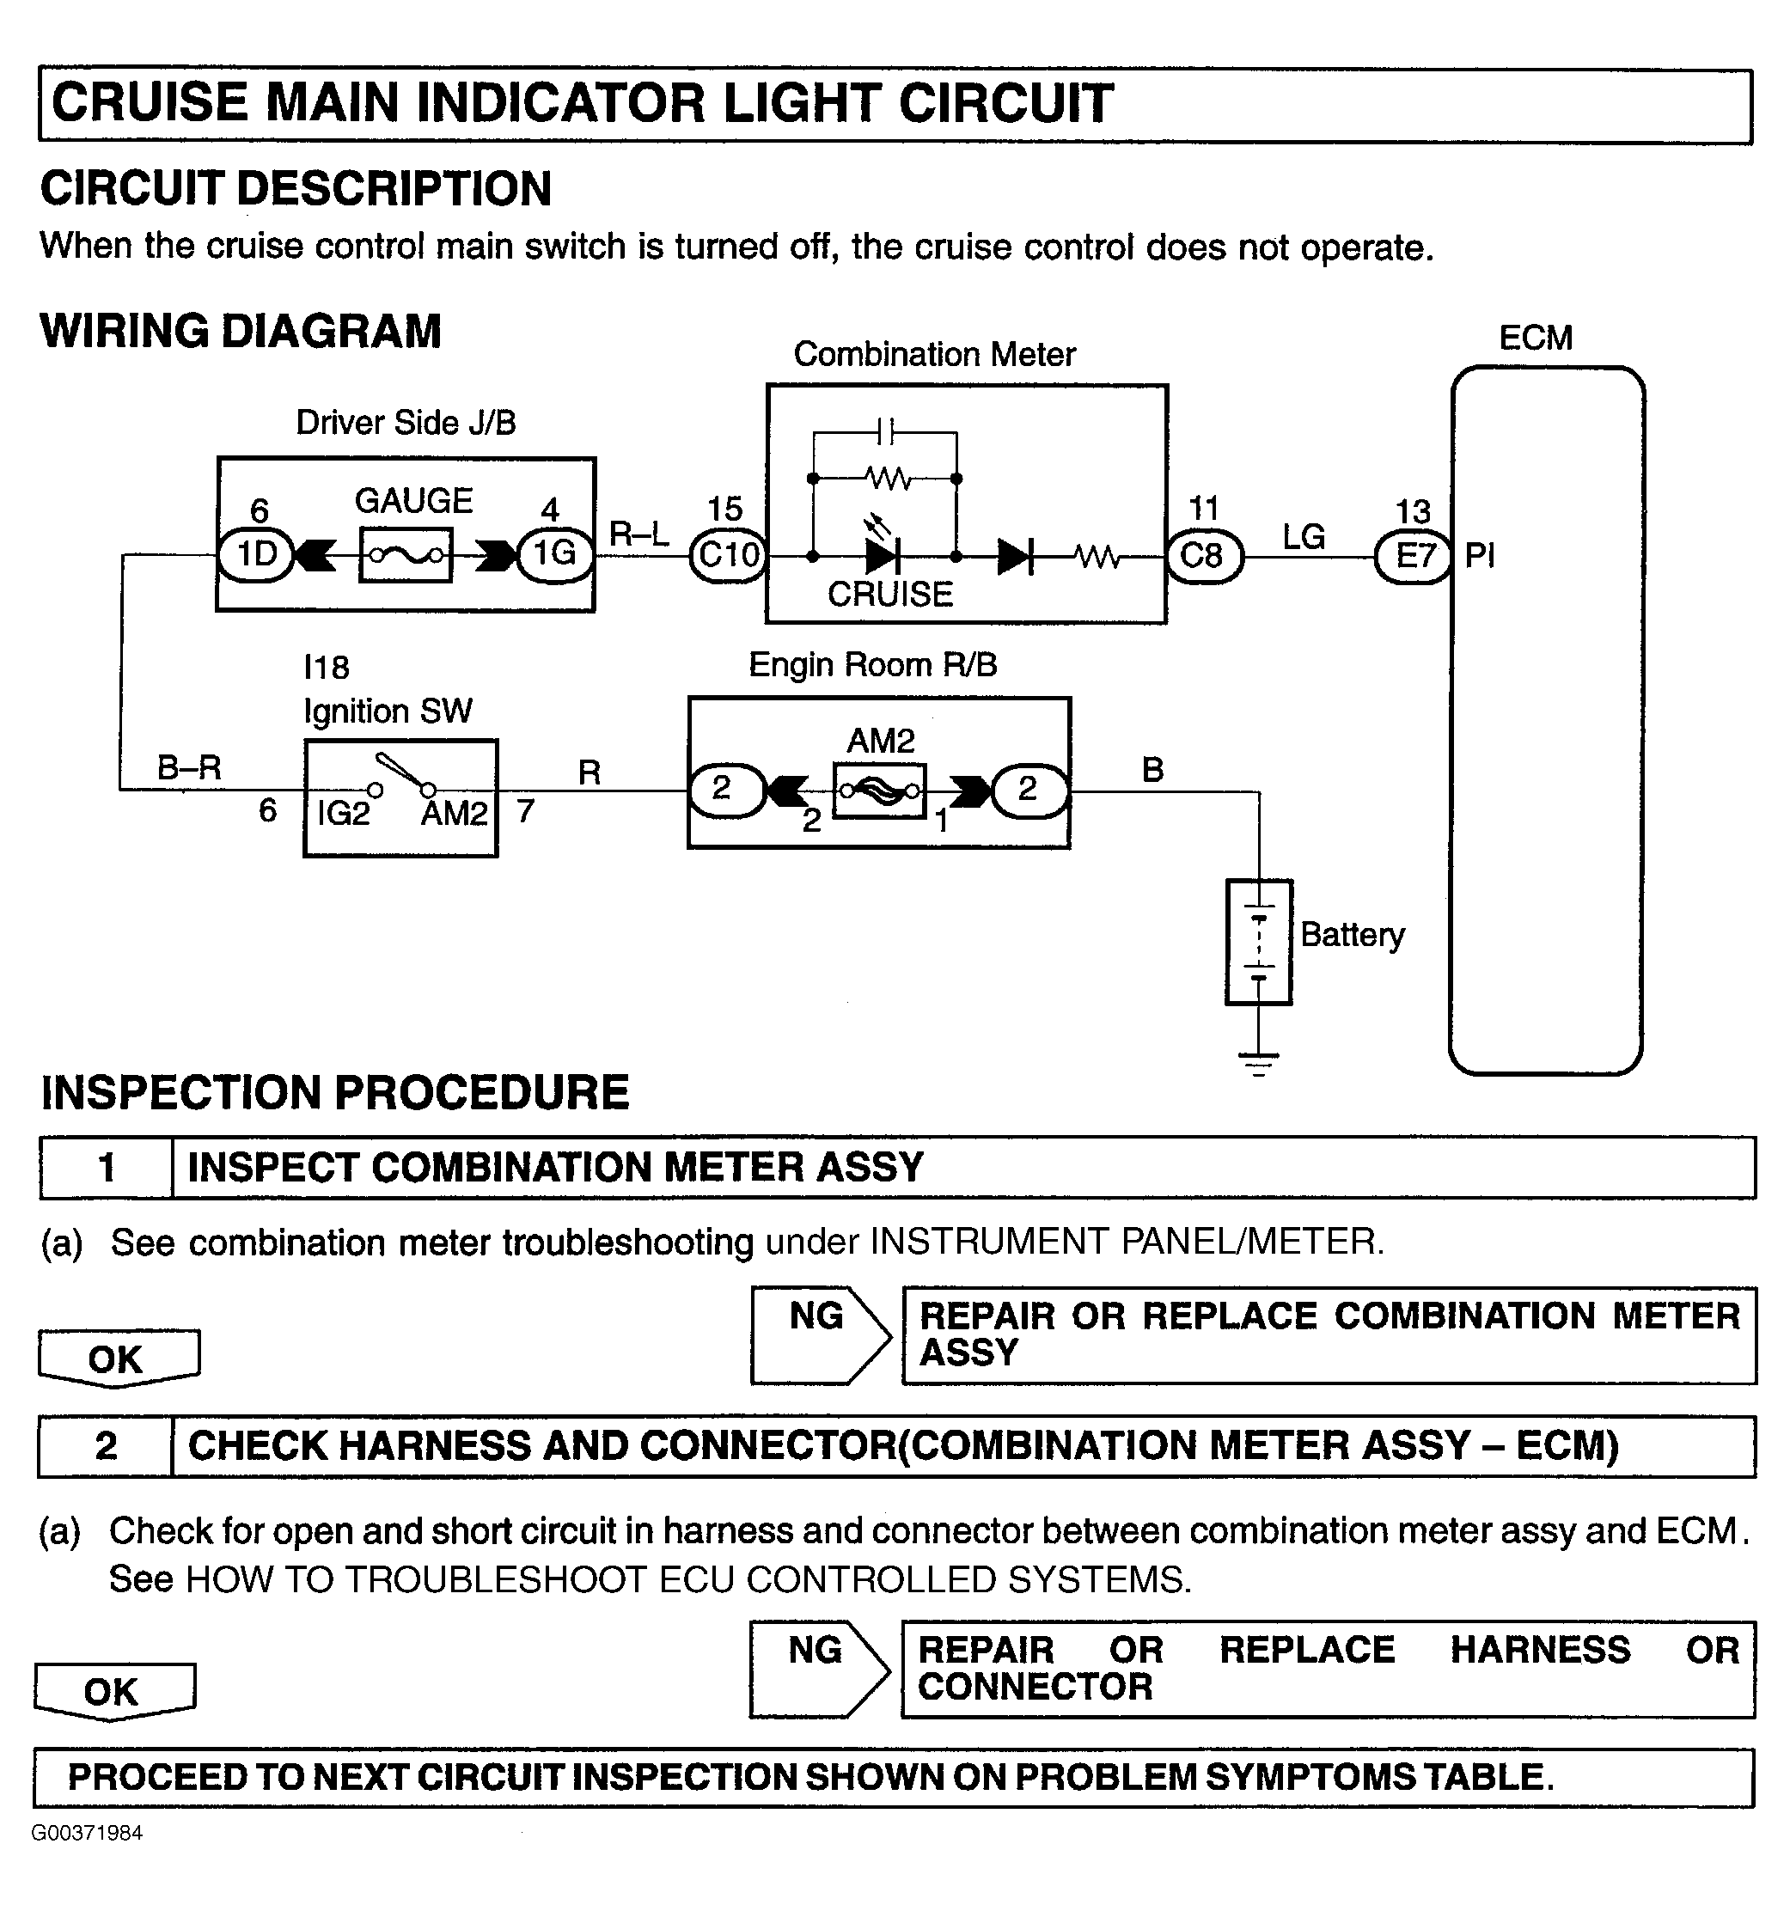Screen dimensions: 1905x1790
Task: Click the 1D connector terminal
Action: point(256,555)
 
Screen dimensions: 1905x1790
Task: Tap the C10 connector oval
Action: point(728,555)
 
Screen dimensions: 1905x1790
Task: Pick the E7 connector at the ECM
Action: point(1414,557)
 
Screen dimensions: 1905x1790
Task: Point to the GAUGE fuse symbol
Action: point(406,555)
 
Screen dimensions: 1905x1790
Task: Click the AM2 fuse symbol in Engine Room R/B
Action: point(880,791)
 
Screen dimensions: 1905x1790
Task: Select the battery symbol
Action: point(1259,942)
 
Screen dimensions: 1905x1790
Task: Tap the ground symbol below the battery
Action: point(1259,1062)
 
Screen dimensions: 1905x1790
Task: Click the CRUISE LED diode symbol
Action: point(882,555)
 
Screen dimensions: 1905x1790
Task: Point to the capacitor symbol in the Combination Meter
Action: point(886,432)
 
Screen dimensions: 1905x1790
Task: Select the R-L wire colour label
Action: point(638,534)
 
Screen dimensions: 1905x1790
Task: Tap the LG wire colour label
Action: point(1304,538)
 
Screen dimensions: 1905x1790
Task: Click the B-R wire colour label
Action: point(189,767)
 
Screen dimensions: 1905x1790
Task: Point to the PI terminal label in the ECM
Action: point(1480,556)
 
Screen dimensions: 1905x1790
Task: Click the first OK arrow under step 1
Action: point(118,1359)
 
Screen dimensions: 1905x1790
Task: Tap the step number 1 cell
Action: point(107,1167)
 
